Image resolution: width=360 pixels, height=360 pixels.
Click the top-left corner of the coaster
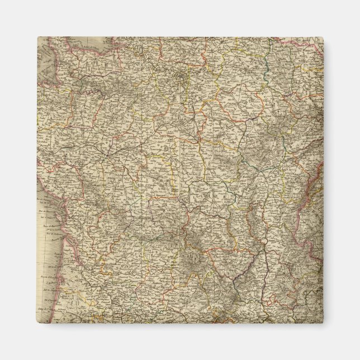point(38,37)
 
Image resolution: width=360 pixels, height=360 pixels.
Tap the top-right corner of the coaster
point(323,37)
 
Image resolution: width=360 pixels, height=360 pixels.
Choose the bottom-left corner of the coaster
point(38,324)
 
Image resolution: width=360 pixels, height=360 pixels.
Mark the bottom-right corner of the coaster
point(323,324)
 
